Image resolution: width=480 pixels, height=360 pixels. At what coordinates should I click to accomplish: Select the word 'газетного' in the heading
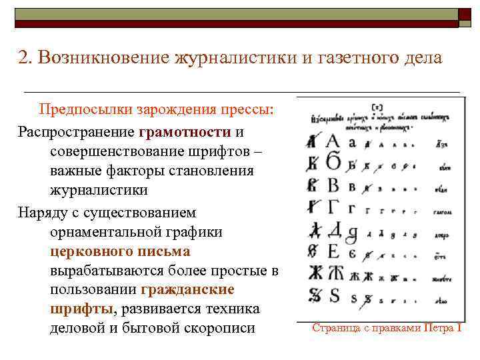pyautogui.click(x=363, y=58)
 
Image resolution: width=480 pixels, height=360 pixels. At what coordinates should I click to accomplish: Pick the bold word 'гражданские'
pyautogui.click(x=188, y=290)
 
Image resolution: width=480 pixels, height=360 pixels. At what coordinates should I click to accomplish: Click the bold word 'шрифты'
pyautogui.click(x=81, y=309)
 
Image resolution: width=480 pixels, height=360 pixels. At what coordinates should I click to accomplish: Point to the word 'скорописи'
pyautogui.click(x=223, y=329)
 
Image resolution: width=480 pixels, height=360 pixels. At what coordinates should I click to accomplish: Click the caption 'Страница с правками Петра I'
pyautogui.click(x=387, y=328)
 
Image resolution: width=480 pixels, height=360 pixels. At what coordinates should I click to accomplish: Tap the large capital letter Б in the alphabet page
pyautogui.click(x=333, y=162)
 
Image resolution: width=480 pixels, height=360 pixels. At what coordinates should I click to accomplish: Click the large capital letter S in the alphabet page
pyautogui.click(x=334, y=295)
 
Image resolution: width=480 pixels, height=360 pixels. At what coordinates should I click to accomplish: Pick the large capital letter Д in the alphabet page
pyautogui.click(x=333, y=229)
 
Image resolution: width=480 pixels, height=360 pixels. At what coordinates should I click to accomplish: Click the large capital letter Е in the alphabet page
pyautogui.click(x=333, y=251)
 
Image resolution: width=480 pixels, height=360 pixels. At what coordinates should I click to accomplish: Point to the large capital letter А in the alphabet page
pyautogui.click(x=333, y=141)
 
